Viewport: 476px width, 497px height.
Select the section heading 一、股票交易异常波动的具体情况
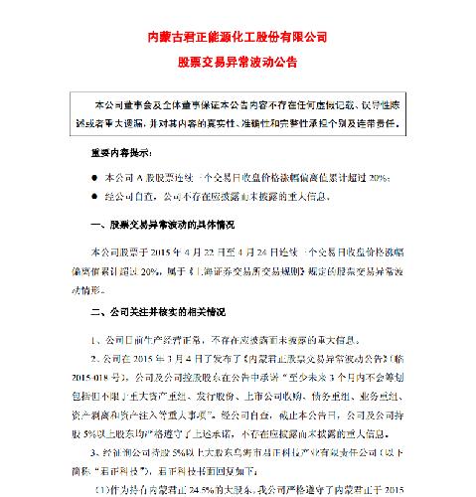click(x=152, y=223)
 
